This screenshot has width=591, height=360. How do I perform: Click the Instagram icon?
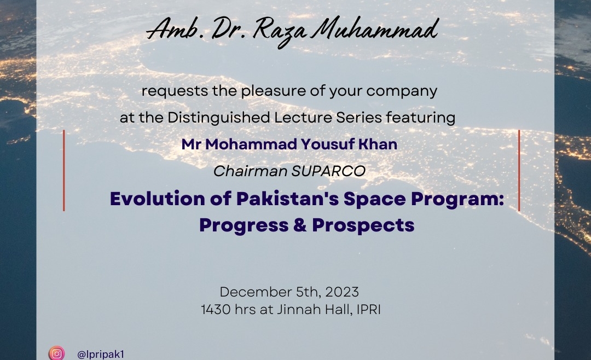pos(56,353)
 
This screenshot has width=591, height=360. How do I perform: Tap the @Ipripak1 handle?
pos(100,355)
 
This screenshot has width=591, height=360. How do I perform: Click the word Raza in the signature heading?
pos(279,31)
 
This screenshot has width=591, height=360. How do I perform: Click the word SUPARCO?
pos(328,171)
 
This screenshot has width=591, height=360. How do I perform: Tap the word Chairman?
pos(250,171)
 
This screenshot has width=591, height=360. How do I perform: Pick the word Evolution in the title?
pos(157,199)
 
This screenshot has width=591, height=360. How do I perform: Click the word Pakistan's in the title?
pos(288,199)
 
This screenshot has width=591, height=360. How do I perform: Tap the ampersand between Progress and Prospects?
pos(300,225)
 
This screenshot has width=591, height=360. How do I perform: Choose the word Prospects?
pos(363,225)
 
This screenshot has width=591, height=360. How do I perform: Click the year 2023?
pos(342,292)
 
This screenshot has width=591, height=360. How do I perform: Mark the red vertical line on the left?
pos(63,170)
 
